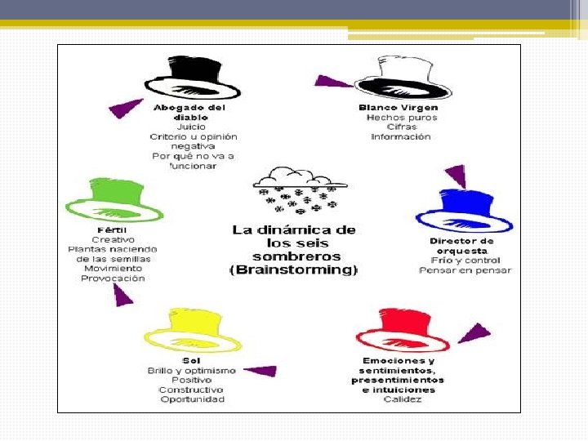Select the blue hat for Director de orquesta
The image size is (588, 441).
coord(463,212)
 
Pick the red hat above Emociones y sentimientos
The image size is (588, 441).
coord(403,332)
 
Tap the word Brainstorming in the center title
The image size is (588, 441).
coord(295,269)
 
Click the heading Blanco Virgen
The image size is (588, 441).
coord(398,108)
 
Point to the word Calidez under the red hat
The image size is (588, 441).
coord(402,399)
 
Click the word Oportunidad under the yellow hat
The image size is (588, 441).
coord(192,399)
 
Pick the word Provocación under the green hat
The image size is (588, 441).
coord(113,278)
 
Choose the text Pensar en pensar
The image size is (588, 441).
coord(465,270)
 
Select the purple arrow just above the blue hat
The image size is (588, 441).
coord(456,176)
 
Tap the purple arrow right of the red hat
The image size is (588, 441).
coord(474,333)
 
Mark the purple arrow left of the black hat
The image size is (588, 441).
coord(127,107)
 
